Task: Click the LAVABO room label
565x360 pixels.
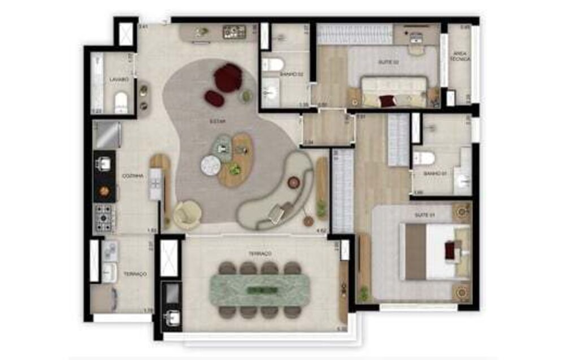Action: coord(119,80)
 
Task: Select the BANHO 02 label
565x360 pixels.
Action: coord(288,74)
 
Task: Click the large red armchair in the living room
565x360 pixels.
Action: coord(228,77)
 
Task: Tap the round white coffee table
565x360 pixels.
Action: coord(211,165)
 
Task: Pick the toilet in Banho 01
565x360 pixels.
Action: coord(424,158)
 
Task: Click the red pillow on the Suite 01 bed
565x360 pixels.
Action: coord(451,250)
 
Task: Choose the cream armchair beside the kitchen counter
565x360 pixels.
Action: coord(187,214)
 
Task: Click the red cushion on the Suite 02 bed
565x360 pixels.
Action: coord(387,101)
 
